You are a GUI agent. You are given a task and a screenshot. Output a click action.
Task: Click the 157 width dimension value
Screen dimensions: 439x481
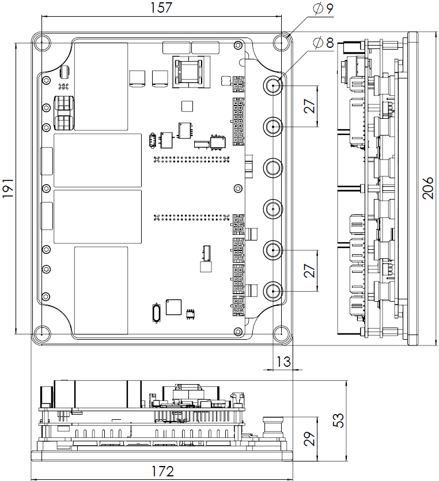(161, 7)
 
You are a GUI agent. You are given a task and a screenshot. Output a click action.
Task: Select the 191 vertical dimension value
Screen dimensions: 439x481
(7, 188)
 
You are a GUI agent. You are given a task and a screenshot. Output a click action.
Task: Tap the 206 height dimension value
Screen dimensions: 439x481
(427, 188)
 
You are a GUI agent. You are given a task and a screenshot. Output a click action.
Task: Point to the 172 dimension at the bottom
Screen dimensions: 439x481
(162, 471)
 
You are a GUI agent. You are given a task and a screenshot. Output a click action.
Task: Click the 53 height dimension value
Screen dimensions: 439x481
(338, 420)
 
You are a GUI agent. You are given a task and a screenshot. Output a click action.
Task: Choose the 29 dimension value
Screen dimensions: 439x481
(309, 439)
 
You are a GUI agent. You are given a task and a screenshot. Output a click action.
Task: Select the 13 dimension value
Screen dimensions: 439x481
(283, 362)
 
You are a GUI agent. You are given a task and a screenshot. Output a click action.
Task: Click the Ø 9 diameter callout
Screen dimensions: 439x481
(324, 9)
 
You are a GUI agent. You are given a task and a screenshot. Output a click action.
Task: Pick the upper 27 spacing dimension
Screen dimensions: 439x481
(309, 106)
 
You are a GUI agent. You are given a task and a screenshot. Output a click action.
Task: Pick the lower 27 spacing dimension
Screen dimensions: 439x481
(309, 270)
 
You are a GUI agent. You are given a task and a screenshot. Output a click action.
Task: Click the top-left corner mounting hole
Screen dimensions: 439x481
(41, 43)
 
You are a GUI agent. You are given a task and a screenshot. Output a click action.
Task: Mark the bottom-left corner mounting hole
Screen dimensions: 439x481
(41, 334)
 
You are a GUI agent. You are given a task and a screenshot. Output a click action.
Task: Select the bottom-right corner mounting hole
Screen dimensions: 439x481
(282, 334)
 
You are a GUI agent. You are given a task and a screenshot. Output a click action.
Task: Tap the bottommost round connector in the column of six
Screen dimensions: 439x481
(273, 291)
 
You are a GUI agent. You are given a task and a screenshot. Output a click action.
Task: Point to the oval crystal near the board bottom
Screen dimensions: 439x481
(157, 313)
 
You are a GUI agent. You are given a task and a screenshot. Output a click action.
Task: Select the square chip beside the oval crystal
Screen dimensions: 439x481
(174, 307)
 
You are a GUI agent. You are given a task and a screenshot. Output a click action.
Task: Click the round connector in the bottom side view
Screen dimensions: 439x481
(273, 428)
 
